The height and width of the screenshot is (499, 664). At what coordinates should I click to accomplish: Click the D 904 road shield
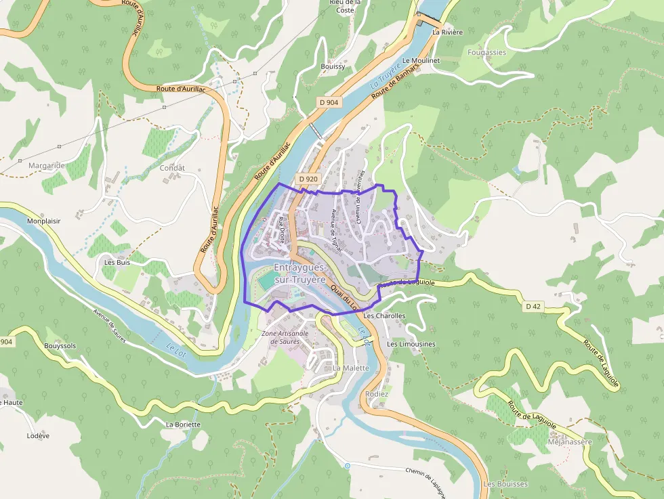coord(329,102)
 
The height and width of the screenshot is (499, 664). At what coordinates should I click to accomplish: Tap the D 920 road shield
coord(308,179)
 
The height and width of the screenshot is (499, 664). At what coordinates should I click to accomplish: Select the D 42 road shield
coord(533,307)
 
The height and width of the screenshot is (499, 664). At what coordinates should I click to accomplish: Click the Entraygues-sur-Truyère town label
coord(300,274)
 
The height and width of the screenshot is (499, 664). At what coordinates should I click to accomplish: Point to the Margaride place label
coord(46,165)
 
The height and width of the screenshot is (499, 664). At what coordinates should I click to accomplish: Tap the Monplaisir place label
coord(44,221)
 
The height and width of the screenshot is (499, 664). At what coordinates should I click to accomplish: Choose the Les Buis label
coord(117,262)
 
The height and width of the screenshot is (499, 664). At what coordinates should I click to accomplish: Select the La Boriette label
coord(183,425)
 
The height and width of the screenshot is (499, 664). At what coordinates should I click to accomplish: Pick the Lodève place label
coord(38,436)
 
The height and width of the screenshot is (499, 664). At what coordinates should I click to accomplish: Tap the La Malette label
coord(351,368)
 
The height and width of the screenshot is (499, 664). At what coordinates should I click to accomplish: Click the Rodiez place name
coord(377,394)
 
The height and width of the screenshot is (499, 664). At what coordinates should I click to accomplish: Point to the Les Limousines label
coord(411,344)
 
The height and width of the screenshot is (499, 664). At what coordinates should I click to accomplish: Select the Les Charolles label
coord(384,316)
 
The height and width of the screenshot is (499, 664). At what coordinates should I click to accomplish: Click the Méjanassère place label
coord(568,442)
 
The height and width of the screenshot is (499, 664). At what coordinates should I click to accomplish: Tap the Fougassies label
coord(486,52)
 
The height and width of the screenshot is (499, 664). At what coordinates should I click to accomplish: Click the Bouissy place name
coord(333,66)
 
